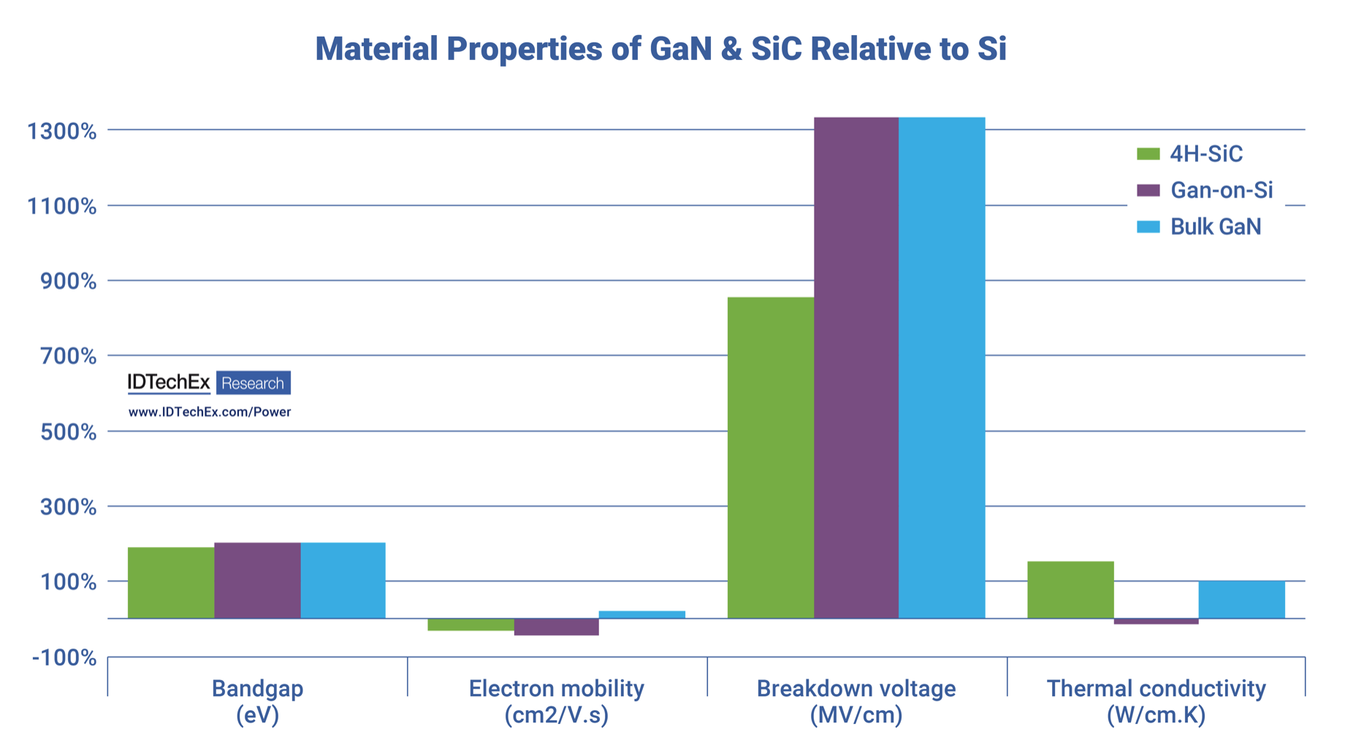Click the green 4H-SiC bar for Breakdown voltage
click(771, 457)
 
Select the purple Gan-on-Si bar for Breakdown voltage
click(856, 366)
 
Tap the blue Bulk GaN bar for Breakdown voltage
click(942, 366)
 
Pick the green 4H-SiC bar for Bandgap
click(171, 583)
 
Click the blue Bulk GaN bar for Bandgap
click(343, 581)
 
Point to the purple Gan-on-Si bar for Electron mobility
click(557, 627)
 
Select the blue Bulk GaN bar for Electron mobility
click(642, 615)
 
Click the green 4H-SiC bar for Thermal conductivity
click(1070, 589)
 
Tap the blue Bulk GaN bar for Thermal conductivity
click(1241, 600)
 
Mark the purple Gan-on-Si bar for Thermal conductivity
click(1156, 622)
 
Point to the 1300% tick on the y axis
click(62, 132)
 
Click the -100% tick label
click(64, 657)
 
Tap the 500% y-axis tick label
click(68, 432)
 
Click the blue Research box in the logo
click(253, 383)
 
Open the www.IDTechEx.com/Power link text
click(210, 412)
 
